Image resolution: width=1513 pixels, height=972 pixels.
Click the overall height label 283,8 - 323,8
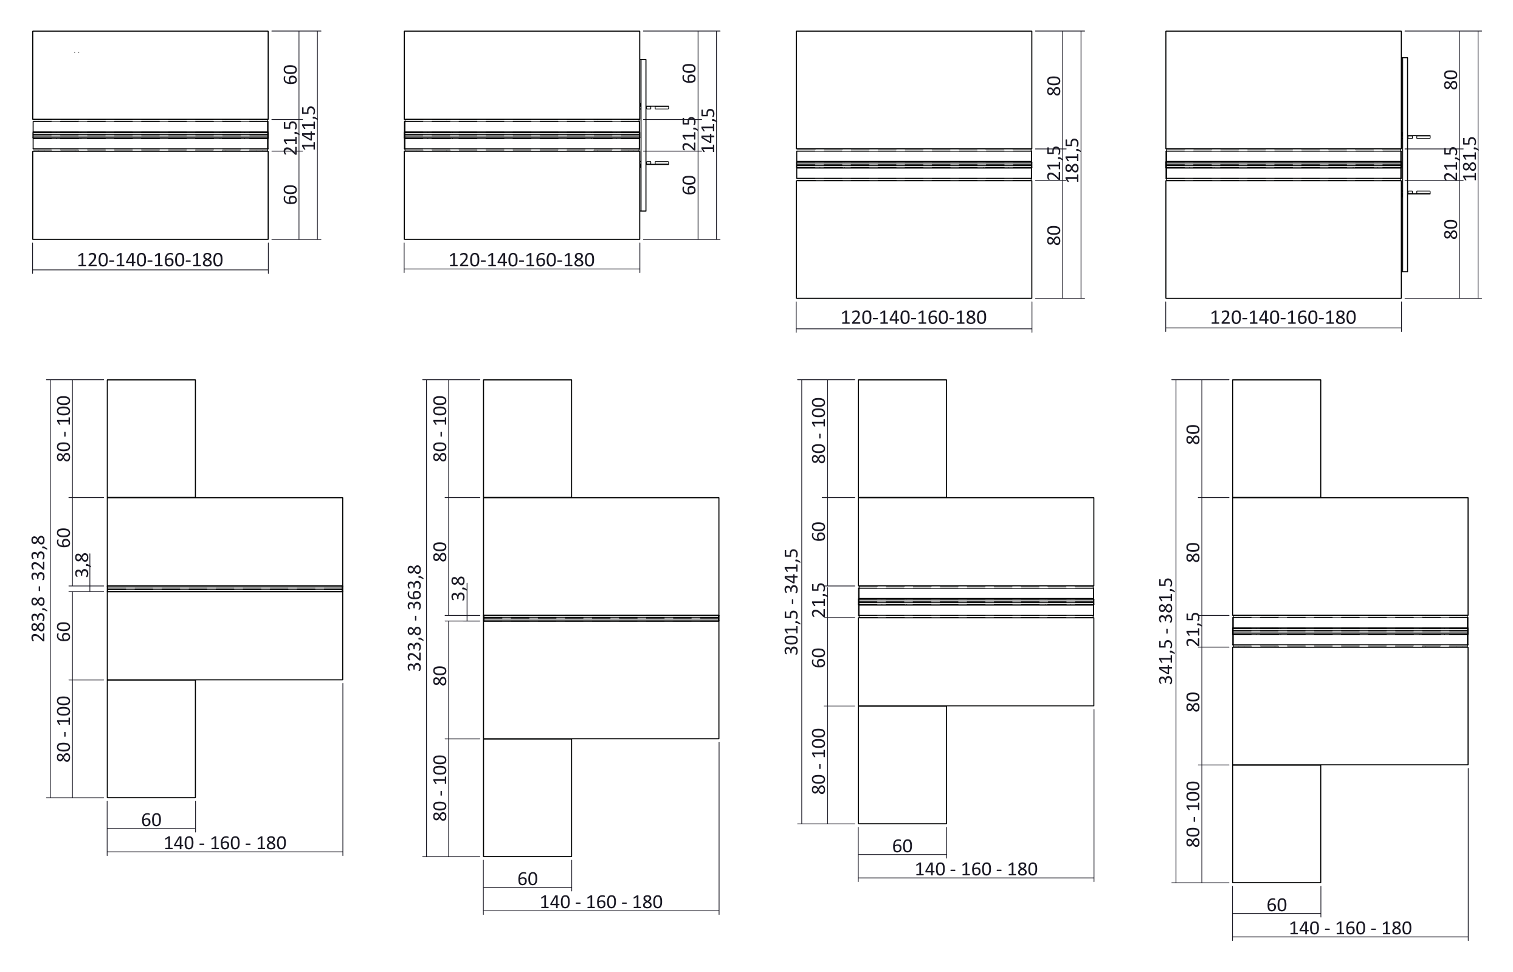pos(38,589)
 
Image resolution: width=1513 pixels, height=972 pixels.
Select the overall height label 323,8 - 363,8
pos(415,618)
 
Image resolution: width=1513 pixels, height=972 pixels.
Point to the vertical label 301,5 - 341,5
pos(791,602)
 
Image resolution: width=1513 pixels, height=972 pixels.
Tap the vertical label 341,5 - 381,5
pos(1166,631)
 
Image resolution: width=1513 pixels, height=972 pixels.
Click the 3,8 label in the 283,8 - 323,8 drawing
pos(82,565)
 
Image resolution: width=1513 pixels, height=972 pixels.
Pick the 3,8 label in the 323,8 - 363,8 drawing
pos(458,588)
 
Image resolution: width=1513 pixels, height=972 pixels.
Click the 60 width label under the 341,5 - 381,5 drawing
pos(1277,905)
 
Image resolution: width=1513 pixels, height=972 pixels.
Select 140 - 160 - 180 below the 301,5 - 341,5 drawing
pos(976,869)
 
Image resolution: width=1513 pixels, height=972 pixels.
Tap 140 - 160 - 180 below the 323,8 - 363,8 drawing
pos(601,902)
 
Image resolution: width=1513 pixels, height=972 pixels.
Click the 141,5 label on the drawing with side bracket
pos(709,130)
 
